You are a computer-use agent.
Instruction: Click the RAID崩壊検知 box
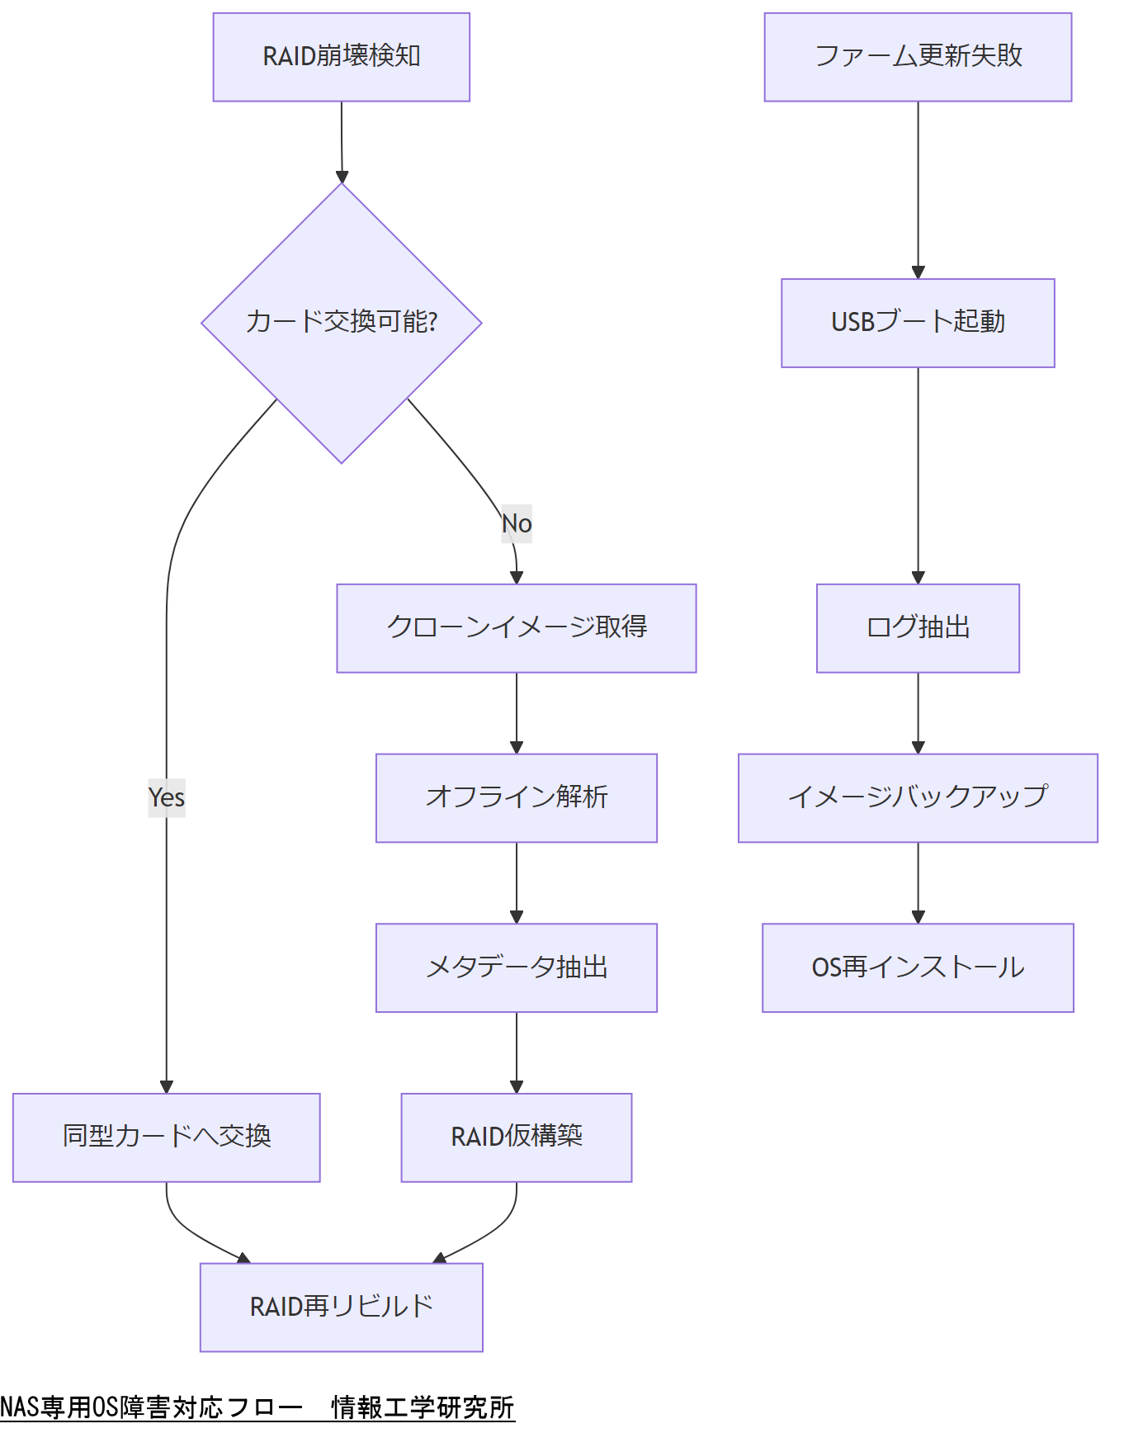(x=341, y=57)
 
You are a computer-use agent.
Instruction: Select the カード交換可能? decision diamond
(x=341, y=322)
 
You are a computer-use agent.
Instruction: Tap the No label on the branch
(x=517, y=523)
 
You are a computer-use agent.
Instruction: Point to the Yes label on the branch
(x=167, y=797)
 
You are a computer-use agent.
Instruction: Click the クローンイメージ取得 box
(x=516, y=628)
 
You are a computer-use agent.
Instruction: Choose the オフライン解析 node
(x=516, y=797)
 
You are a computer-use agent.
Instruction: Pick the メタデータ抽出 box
(x=516, y=967)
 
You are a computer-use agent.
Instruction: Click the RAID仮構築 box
(x=516, y=1137)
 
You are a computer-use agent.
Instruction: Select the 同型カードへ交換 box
(x=167, y=1137)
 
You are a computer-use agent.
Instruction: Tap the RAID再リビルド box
(x=341, y=1307)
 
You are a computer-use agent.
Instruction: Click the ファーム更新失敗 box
(x=918, y=57)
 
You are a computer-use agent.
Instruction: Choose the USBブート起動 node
(x=918, y=323)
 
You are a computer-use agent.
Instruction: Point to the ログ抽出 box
(x=918, y=628)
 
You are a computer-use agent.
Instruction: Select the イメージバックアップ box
(x=918, y=797)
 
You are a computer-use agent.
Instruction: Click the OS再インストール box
(x=918, y=967)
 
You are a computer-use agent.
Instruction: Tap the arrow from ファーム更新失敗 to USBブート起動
(x=918, y=190)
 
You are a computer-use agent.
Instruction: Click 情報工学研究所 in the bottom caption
(x=423, y=1407)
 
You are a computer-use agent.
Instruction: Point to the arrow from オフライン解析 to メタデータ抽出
(x=517, y=882)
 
